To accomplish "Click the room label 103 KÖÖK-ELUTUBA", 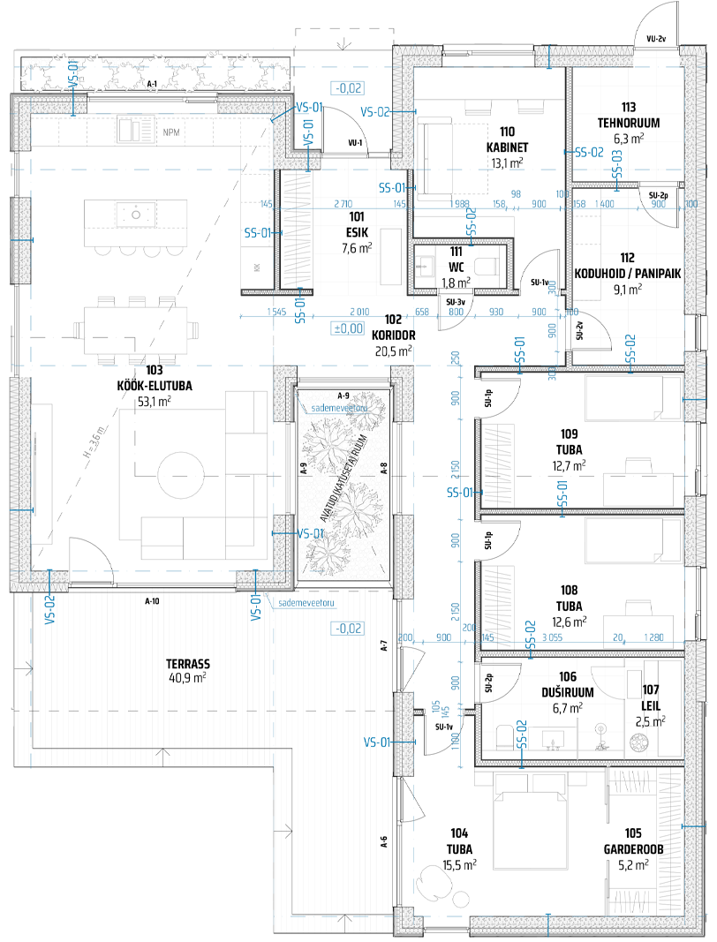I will click(155, 385).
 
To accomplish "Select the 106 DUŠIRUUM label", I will click(567, 693).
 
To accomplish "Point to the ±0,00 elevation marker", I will click(347, 328).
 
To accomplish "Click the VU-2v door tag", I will click(655, 39).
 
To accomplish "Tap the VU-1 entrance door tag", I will click(357, 142).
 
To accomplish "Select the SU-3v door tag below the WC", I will click(456, 301).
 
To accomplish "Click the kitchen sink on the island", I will click(137, 213).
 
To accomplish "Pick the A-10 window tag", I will click(152, 601).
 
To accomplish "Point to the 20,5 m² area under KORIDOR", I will click(394, 350).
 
